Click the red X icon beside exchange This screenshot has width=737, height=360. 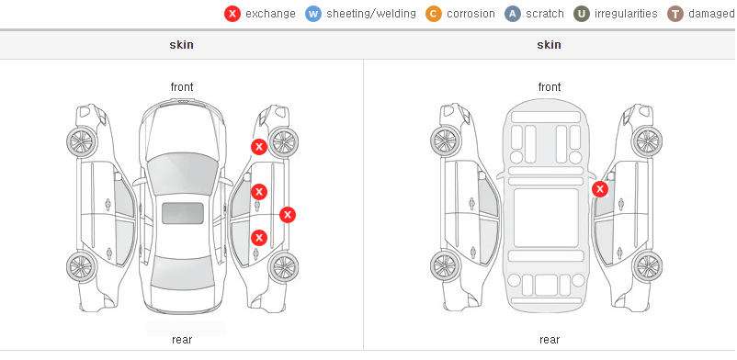(x=232, y=14)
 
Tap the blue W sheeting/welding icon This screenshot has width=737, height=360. (x=313, y=14)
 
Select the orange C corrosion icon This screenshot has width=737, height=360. (x=434, y=14)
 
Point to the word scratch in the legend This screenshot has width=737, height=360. (x=545, y=14)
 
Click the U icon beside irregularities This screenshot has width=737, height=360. (x=582, y=14)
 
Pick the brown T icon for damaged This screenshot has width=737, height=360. (x=675, y=14)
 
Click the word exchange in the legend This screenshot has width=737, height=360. (x=270, y=14)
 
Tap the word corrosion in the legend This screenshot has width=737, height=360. (x=471, y=14)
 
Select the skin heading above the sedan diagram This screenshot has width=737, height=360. (x=181, y=45)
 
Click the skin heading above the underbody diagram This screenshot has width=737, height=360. (x=549, y=45)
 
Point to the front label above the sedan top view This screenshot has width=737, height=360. (x=182, y=87)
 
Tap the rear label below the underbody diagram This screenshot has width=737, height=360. (x=550, y=340)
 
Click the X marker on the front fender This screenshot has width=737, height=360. (x=259, y=147)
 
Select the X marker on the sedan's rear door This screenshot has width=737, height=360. (x=259, y=238)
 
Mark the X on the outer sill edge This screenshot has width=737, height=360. (x=288, y=215)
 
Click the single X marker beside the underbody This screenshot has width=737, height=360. (x=600, y=189)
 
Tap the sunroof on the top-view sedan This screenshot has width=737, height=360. (x=183, y=213)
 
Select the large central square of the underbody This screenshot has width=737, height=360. (x=546, y=218)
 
